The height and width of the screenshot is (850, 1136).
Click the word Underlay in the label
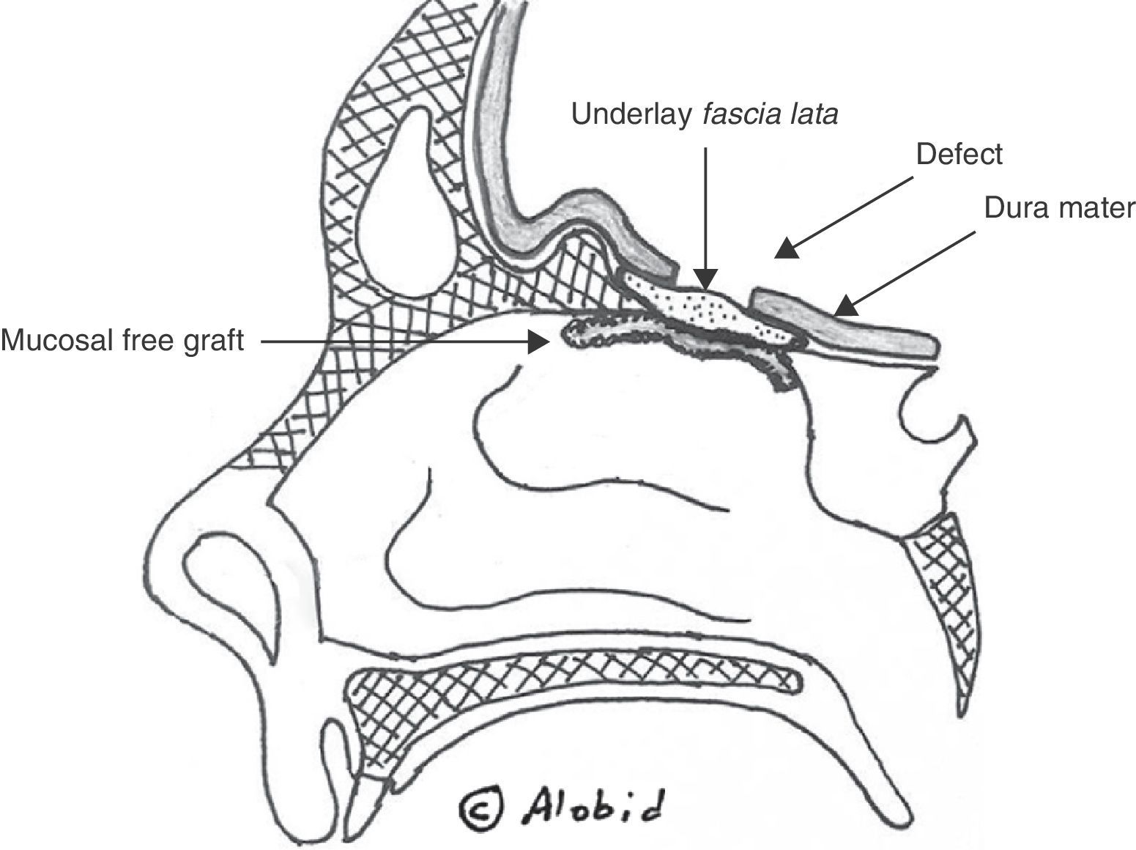631,114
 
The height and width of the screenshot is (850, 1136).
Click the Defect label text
958,155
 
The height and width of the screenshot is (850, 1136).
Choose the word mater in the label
1095,208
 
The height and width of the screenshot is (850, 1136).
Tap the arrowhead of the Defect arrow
785,249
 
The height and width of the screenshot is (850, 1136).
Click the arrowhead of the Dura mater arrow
846,306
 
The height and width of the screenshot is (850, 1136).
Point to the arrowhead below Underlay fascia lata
705,279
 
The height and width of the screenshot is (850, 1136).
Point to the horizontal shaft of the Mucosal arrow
396,341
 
